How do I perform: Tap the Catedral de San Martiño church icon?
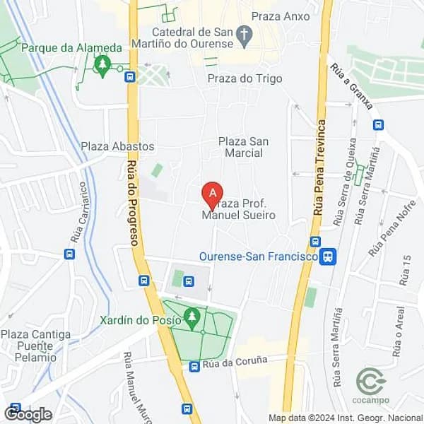245,35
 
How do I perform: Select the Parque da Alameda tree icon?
103,65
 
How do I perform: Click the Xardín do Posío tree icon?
191,317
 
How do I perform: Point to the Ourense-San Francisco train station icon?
327,257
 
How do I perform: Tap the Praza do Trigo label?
245,78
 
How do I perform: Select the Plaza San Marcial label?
244,147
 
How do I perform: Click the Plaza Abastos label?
117,146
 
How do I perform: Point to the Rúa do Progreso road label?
134,201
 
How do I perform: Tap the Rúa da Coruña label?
235,361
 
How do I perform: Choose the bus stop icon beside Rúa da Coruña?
194,366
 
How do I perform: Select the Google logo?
28,414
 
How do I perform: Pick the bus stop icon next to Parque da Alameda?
129,76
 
